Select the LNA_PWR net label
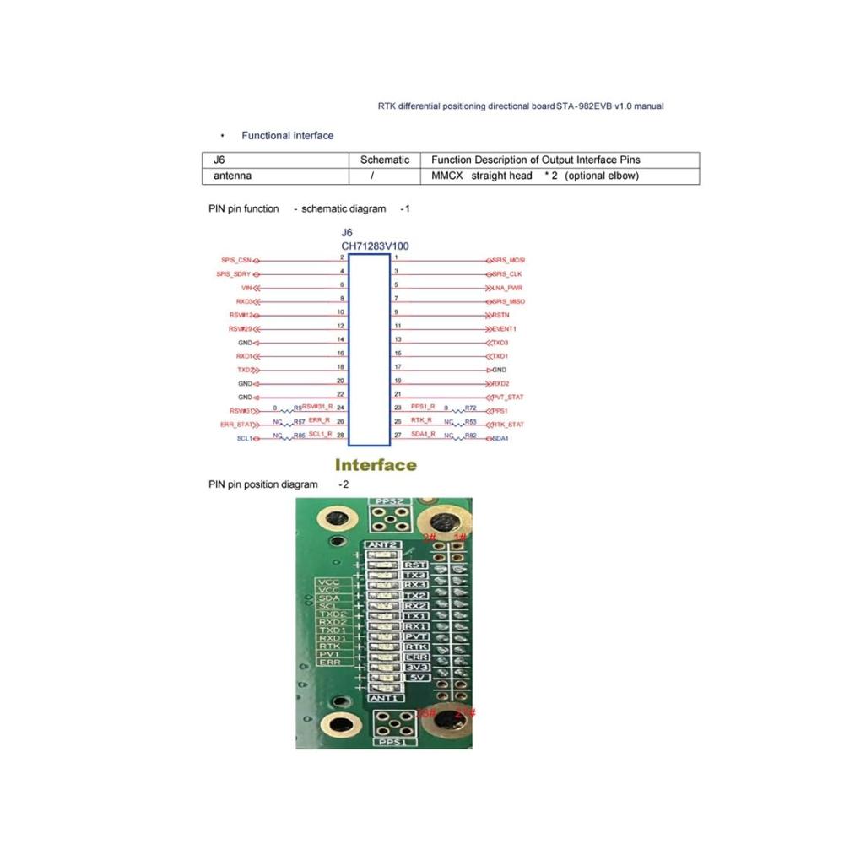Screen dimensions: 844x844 pos(507,288)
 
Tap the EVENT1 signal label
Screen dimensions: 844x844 pos(505,328)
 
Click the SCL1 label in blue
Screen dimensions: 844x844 pos(246,439)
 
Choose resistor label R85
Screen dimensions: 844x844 pos(299,436)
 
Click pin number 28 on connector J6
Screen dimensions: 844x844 pos(341,435)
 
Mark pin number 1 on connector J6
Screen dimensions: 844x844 pos(396,257)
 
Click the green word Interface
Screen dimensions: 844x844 pos(376,465)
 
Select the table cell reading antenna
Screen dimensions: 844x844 pos(232,176)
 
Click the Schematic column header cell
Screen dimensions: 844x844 pos(384,160)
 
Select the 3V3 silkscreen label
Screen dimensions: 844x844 pos(417,667)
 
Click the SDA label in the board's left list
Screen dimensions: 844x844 pos(330,598)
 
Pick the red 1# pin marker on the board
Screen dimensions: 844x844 pos(461,537)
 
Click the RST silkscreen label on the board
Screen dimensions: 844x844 pos(416,565)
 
